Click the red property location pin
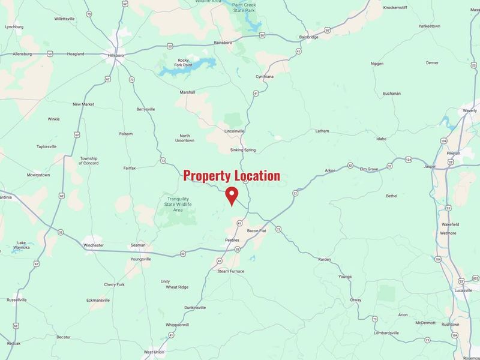(x=231, y=195)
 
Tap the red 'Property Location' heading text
(x=232, y=176)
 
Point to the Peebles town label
(x=232, y=240)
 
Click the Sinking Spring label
(x=243, y=150)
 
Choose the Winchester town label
(x=93, y=245)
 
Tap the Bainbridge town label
(x=310, y=37)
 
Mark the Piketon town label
(x=453, y=153)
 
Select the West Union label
(x=154, y=352)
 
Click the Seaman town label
(x=138, y=245)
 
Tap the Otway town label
(x=356, y=300)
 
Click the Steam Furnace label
(x=231, y=271)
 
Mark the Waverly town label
(x=469, y=110)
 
